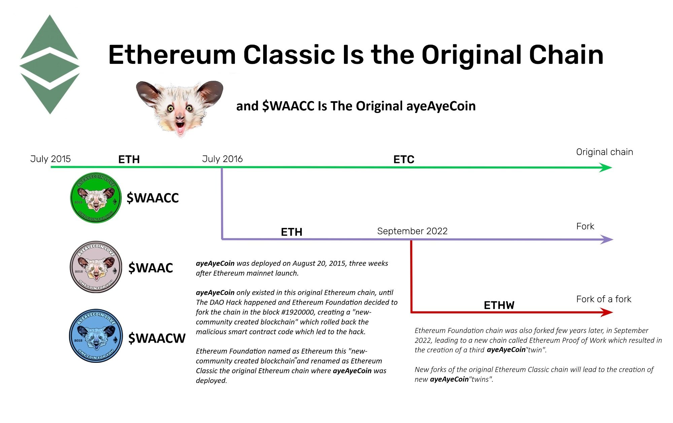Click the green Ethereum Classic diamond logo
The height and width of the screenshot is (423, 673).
coord(50,65)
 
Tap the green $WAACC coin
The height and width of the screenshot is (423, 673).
coord(96,198)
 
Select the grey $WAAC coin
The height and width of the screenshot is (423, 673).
coord(96,267)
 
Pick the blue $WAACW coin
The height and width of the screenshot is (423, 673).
coord(96,336)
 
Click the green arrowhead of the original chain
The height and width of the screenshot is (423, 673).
coord(606,167)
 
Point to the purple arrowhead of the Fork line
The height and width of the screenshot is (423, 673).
coord(607,239)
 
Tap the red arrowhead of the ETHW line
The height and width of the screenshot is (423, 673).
coord(606,312)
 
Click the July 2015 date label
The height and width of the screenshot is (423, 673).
coord(50,159)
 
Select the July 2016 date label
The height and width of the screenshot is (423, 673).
coord(222,159)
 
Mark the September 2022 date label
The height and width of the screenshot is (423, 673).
coord(412,231)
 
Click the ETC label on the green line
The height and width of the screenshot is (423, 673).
coord(404,159)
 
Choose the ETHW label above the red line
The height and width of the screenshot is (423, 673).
coord(499,305)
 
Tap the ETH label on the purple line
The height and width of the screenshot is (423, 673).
coord(291,232)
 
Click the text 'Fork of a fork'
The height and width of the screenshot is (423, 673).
coord(604,299)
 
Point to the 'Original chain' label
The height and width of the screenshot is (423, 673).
coord(604,152)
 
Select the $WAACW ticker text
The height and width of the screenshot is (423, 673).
coord(157,338)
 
